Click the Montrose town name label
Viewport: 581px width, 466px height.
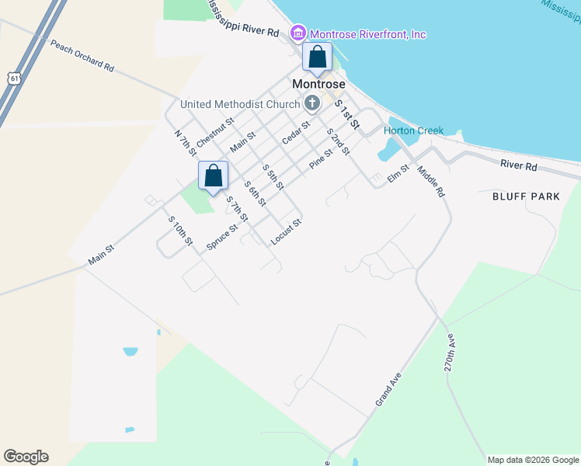pos(318,83)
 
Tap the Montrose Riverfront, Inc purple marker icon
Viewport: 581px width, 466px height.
pos(297,33)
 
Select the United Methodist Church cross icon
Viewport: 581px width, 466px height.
pos(311,103)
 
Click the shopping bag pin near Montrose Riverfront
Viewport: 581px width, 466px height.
pos(318,57)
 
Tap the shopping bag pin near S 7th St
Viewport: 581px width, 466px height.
pos(213,176)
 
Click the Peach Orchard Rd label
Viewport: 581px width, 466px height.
pos(82,55)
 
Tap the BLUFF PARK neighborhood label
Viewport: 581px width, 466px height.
pos(526,196)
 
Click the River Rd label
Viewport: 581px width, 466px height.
pos(519,165)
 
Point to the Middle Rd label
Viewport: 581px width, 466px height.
pos(430,181)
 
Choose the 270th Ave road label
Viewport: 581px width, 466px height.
pos(451,353)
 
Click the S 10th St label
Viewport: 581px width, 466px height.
pos(180,231)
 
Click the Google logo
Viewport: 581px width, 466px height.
pos(26,457)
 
